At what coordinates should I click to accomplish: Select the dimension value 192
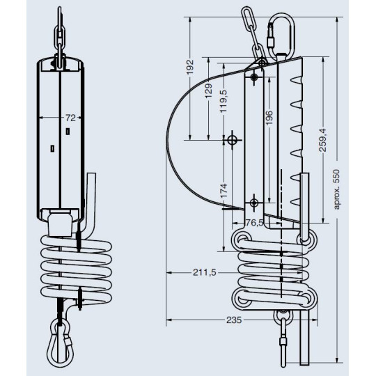[x=189, y=69]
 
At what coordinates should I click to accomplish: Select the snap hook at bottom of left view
[x=60, y=343]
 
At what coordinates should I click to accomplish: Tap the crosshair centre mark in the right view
[x=233, y=140]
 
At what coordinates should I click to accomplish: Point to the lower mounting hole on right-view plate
[x=254, y=203]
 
